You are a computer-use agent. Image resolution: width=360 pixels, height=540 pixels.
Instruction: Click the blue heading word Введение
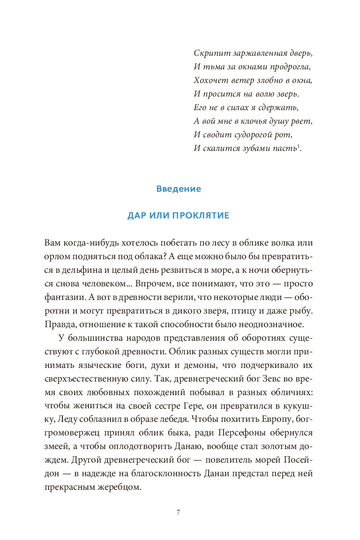pos(178,189)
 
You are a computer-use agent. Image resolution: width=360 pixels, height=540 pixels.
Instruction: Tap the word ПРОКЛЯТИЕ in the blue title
pos(200,216)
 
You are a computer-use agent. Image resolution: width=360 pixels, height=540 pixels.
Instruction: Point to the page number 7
pos(178,512)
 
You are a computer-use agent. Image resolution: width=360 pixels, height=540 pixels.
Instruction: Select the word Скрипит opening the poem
pos(208,53)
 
